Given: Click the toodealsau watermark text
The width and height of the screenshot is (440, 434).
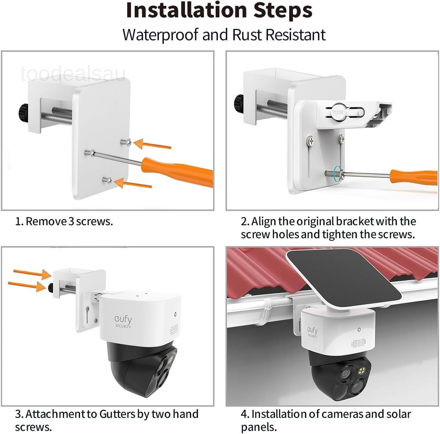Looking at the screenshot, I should click(x=73, y=74).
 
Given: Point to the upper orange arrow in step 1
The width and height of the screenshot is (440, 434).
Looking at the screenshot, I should click(x=152, y=144).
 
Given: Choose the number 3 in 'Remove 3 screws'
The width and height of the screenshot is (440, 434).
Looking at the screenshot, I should click(x=71, y=221).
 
